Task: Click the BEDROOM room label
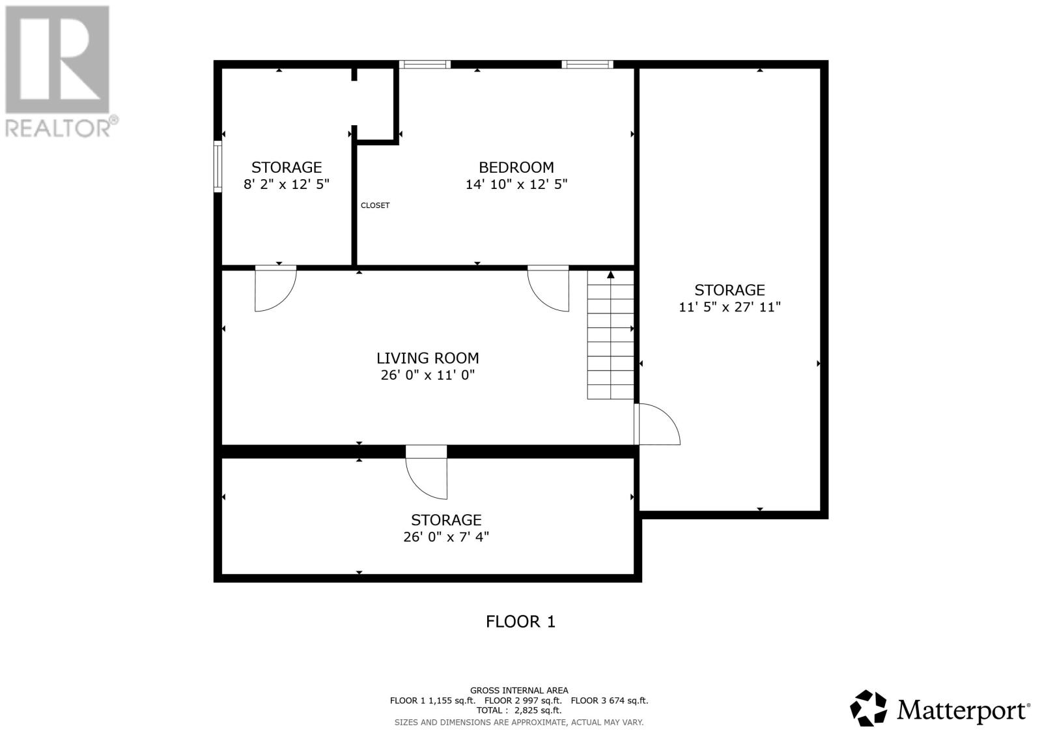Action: pos(516,167)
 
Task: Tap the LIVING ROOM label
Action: pos(427,358)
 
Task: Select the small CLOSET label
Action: pos(375,205)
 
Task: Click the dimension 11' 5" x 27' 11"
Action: pos(729,308)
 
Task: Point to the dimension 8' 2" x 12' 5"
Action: pos(286,184)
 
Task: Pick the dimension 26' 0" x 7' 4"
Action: pos(446,537)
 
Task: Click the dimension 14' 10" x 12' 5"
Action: pos(516,184)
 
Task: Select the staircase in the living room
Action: pos(610,335)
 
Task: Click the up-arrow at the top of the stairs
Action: pos(611,275)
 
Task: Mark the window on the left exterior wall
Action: pos(218,167)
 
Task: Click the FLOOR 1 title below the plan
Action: pos(520,622)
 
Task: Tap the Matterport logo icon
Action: pos(868,708)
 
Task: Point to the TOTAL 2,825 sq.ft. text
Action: pos(518,710)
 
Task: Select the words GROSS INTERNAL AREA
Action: pos(519,691)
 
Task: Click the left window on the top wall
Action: pos(425,65)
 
